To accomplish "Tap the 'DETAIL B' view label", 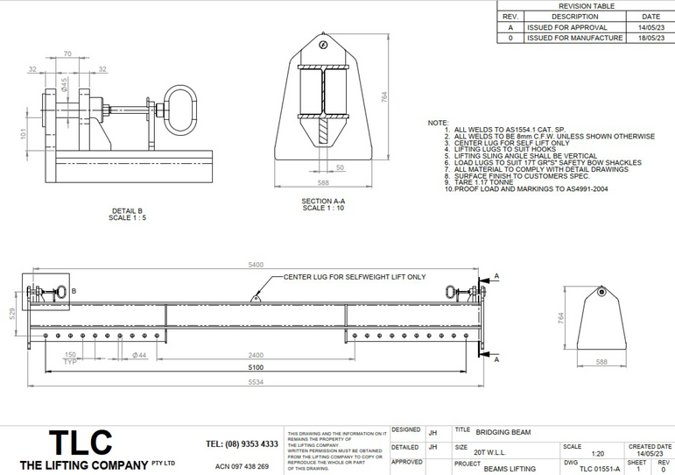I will tap(128, 210).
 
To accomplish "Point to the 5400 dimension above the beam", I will tap(256, 264).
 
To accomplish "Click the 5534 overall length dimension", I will tap(256, 383).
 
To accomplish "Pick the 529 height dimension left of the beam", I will tap(11, 314).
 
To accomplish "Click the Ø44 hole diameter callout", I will tap(138, 354).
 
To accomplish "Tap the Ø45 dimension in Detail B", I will tap(64, 85).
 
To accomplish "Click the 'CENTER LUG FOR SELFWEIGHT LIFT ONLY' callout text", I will tap(355, 277).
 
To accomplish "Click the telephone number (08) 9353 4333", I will tap(242, 443).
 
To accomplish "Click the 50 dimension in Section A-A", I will tap(340, 167).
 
